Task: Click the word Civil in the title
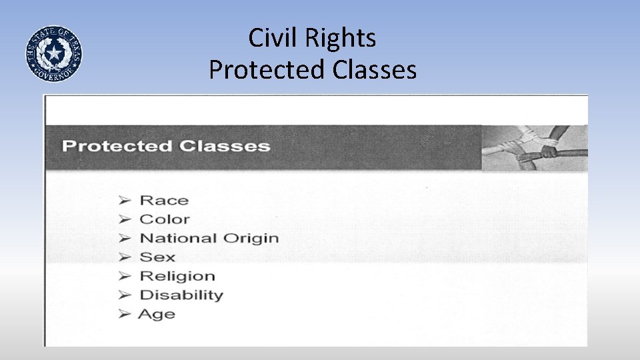click(273, 38)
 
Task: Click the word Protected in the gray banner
click(117, 146)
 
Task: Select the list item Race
click(164, 200)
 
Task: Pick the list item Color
click(165, 219)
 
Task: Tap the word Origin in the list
click(251, 238)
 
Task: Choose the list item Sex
click(157, 257)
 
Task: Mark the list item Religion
click(177, 276)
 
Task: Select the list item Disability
click(181, 295)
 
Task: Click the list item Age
click(157, 314)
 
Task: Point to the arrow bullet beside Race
click(125, 200)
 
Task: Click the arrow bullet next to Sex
click(125, 257)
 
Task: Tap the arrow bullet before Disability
click(125, 295)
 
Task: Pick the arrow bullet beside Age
click(125, 314)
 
